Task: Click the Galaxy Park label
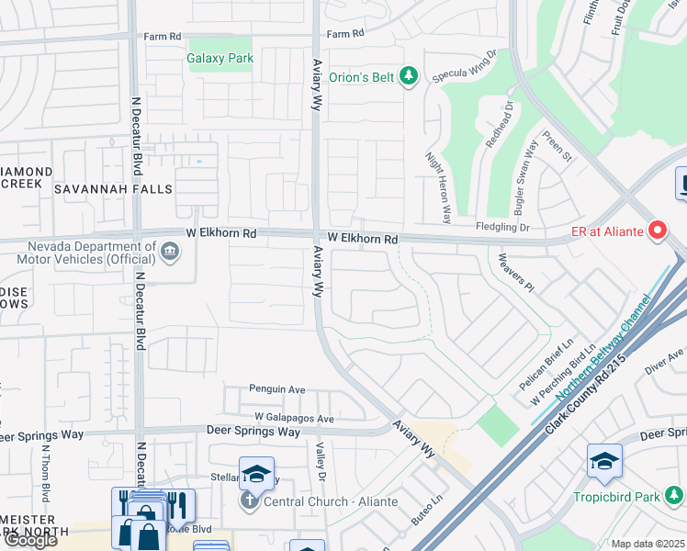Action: pyautogui.click(x=220, y=59)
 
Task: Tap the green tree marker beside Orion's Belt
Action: pyautogui.click(x=409, y=77)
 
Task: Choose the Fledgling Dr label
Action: pyautogui.click(x=502, y=227)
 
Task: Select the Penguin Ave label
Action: pyautogui.click(x=277, y=389)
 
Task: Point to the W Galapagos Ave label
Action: pyautogui.click(x=294, y=417)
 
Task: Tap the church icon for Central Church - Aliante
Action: pyautogui.click(x=249, y=501)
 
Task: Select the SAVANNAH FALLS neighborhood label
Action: pyautogui.click(x=113, y=189)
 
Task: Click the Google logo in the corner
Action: pyautogui.click(x=30, y=540)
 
